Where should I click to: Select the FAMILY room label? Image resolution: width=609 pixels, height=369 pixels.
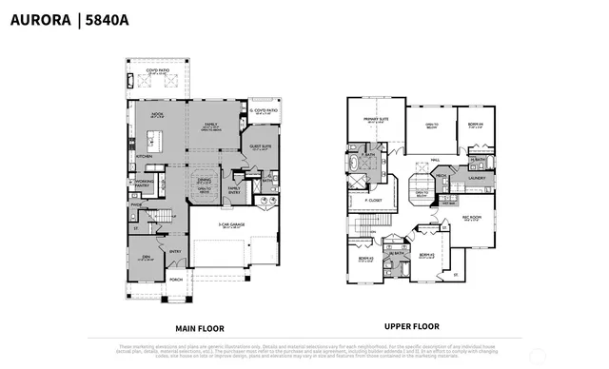(209, 125)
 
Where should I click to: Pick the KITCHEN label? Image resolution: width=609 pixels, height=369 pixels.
(144, 156)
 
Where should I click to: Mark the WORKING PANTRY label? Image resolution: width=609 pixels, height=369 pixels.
(145, 182)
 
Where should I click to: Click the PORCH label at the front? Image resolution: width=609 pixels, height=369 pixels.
(175, 280)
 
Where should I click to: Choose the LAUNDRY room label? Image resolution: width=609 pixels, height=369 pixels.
(477, 177)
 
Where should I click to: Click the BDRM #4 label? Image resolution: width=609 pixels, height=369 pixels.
(475, 124)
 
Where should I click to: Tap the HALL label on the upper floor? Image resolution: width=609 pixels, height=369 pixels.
(434, 160)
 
